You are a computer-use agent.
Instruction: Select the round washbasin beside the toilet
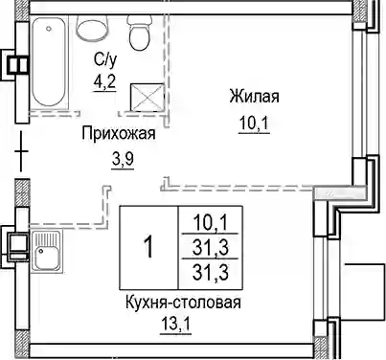coord(92,28)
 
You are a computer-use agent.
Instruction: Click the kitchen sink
coord(47,251)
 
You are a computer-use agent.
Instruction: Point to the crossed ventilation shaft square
coord(147,97)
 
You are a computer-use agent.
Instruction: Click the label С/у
coord(105,59)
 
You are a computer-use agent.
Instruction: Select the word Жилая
coord(254,96)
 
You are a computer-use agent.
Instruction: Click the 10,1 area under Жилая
coord(255,124)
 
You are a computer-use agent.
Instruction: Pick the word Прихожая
coord(119,133)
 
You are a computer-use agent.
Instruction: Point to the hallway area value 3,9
coord(123,159)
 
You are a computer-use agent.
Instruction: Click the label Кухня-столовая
coord(183,303)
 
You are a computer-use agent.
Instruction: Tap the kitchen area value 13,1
coord(175,325)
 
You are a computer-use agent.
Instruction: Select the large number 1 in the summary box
coord(148,248)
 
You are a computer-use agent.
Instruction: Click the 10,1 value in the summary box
coord(211,222)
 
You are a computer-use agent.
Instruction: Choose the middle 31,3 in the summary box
coord(211,248)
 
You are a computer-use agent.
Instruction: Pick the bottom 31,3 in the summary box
coord(211,272)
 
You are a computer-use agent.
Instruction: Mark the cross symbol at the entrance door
coord(22,150)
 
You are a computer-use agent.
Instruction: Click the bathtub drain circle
coord(49,29)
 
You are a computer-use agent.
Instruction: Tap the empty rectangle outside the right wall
coord(363,291)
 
